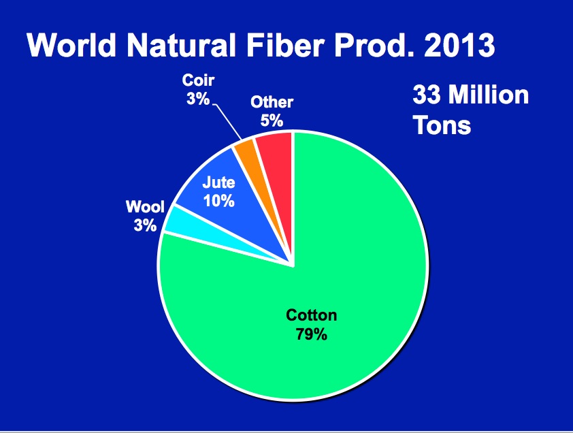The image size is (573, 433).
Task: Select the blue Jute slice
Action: point(227,205)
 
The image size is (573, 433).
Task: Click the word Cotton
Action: point(312,315)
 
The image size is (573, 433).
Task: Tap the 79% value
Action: point(312,334)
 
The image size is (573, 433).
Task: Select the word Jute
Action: point(218,182)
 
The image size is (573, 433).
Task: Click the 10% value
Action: point(218,201)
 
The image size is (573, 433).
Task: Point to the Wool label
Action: point(145,206)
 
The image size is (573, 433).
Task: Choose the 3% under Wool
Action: point(145,225)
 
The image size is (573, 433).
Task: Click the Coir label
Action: point(198,80)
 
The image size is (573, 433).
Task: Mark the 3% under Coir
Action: point(198,99)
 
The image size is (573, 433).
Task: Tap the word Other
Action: point(272,102)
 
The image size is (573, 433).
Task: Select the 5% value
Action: point(272,121)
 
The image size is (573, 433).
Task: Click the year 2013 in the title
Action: point(459,46)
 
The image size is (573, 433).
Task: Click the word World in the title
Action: point(71,46)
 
